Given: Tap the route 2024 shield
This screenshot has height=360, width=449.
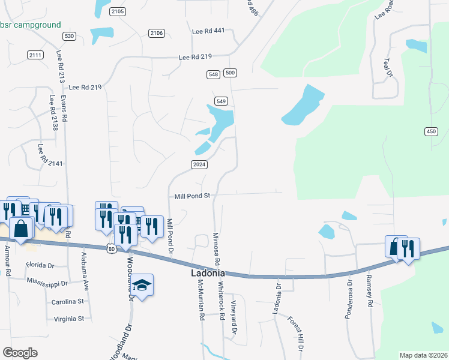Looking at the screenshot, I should (x=199, y=164).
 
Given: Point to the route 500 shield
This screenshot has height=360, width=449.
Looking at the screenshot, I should (x=230, y=73).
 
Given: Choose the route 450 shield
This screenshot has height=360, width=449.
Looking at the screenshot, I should (x=431, y=131).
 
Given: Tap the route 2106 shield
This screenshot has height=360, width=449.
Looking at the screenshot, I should (x=157, y=33).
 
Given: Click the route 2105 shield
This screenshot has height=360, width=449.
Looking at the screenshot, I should (x=118, y=11).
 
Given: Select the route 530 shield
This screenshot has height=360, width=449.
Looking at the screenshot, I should (x=70, y=37).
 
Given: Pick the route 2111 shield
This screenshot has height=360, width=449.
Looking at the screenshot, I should (x=35, y=55).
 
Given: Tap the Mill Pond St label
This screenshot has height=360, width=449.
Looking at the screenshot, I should (x=191, y=196).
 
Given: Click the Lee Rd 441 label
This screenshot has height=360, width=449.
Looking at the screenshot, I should (x=208, y=31).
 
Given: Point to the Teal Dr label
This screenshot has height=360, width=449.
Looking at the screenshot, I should (x=388, y=67).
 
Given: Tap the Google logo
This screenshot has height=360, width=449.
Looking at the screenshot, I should (x=20, y=353).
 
